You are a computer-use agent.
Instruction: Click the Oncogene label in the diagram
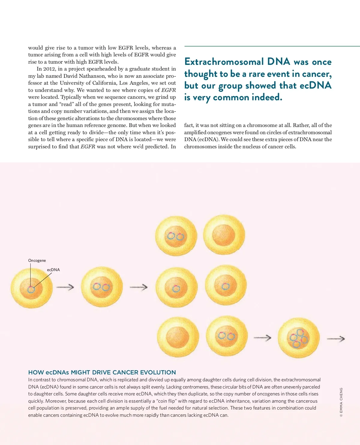[x=37, y=260]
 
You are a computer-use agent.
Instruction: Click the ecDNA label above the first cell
[x=53, y=270]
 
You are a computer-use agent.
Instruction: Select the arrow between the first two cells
[x=65, y=287]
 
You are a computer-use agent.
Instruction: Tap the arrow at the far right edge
[x=336, y=339]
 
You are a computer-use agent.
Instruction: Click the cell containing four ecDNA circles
[x=298, y=338]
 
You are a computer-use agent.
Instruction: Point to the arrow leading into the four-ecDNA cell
[x=262, y=338]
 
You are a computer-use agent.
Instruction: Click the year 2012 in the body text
[x=49, y=69]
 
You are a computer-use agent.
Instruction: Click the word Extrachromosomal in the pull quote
[x=224, y=62]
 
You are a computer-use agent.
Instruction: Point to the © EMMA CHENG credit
[x=341, y=402]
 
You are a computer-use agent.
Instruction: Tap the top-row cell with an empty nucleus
[x=224, y=235]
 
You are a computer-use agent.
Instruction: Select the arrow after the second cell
[x=139, y=287]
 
